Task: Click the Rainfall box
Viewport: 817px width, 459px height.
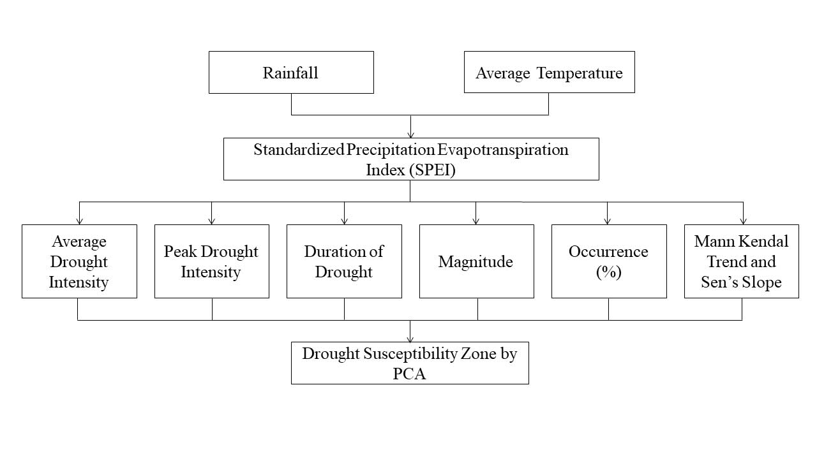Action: [x=291, y=72]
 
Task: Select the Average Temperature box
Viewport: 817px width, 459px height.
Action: [x=550, y=72]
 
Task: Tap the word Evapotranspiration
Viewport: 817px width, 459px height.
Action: [x=503, y=150]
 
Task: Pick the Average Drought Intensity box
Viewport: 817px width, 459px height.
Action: [x=80, y=261]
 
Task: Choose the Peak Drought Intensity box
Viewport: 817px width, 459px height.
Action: [x=212, y=261]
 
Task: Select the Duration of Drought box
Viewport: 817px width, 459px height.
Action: [x=344, y=261]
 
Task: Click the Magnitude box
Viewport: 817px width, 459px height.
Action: [x=477, y=261]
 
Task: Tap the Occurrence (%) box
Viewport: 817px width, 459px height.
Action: [x=609, y=261]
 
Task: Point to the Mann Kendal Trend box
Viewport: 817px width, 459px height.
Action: [x=742, y=261]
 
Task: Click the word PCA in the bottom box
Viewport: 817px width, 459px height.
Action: [x=409, y=374]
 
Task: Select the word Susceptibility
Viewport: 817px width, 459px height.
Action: [x=410, y=354]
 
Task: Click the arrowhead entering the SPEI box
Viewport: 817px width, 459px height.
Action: [x=410, y=135]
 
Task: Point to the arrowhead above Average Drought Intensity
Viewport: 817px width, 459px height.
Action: [x=80, y=221]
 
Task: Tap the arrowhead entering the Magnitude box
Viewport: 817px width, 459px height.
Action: [x=476, y=221]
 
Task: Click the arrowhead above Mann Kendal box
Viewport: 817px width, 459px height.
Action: [x=744, y=221]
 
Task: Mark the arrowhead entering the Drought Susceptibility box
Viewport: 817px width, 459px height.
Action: [x=410, y=339]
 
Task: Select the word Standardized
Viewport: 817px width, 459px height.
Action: [x=299, y=150]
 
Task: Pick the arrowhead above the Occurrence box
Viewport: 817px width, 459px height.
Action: [x=607, y=221]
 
